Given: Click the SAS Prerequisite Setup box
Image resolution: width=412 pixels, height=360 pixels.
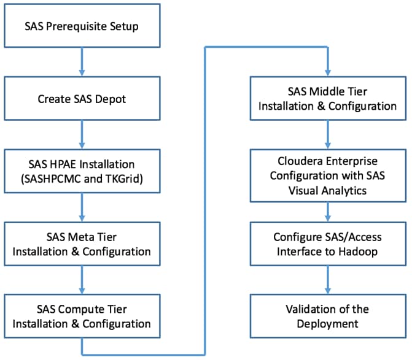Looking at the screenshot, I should pos(82,27).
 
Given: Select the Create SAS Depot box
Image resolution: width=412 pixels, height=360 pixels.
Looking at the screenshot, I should pos(82,99).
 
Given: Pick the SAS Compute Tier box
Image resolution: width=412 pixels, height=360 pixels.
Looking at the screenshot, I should pos(82,315).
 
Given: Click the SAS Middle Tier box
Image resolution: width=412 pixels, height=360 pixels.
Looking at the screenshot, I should pos(327,99).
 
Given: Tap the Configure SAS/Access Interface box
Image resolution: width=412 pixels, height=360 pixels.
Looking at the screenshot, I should pos(327,243).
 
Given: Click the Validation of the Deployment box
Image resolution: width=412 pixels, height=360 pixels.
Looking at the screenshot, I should pos(327,315).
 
